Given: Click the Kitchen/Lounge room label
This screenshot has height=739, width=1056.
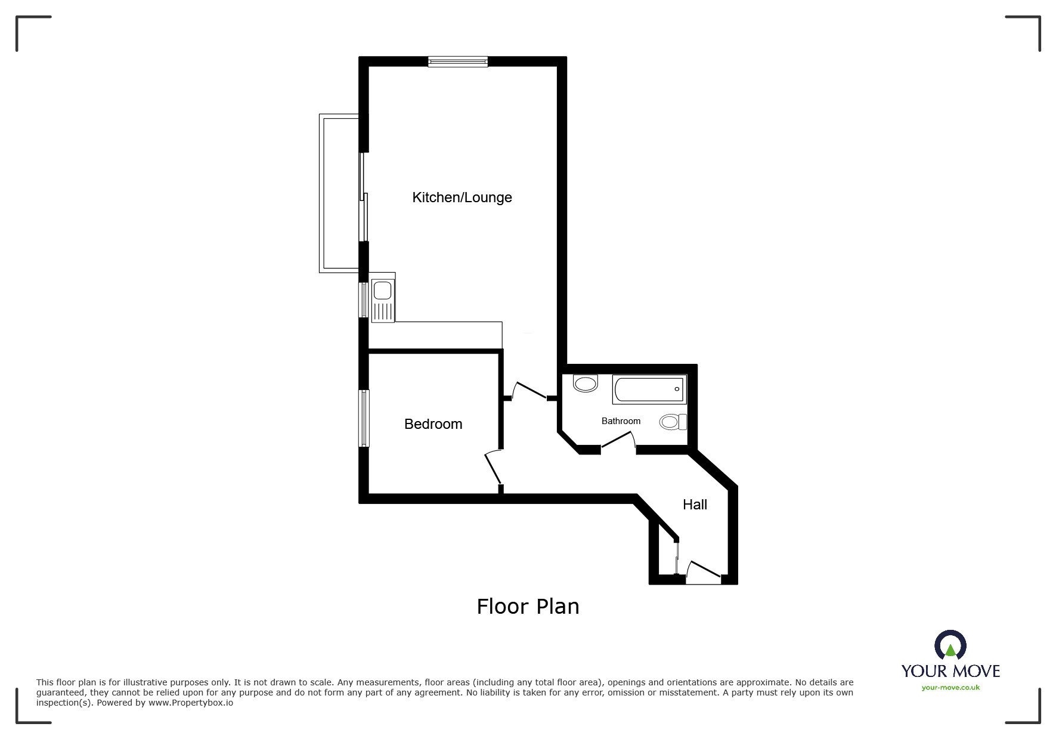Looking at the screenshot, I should coord(462,197).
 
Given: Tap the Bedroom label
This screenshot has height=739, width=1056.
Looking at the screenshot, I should coord(433,424).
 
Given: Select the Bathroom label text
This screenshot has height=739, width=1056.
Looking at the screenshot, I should coord(621,421).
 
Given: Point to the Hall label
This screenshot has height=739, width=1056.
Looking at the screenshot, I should coord(695,505).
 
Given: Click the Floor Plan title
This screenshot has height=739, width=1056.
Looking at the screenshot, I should coord(528,607).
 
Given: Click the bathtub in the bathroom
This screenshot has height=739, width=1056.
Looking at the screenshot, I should coord(649,389).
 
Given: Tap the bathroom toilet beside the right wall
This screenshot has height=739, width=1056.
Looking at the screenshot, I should coord(673,422).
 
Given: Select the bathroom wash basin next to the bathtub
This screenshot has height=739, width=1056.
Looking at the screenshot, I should coord(585,383).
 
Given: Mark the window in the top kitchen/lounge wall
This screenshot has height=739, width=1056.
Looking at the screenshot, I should coord(458,61).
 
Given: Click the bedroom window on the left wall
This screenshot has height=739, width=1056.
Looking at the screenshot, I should coord(364,418).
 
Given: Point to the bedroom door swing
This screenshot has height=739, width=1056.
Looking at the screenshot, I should coord(493,468).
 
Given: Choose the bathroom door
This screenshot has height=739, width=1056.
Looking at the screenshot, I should coord(618,442).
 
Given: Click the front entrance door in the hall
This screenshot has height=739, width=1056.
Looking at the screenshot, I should coord(704,571).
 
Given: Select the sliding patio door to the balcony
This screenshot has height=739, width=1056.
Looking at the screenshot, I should coord(363,197).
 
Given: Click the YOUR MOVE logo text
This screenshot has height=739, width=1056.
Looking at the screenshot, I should coord(950,671).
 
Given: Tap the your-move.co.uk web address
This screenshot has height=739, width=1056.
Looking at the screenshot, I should coord(950,688).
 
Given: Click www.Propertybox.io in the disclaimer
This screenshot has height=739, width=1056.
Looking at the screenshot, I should coord(191,703).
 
